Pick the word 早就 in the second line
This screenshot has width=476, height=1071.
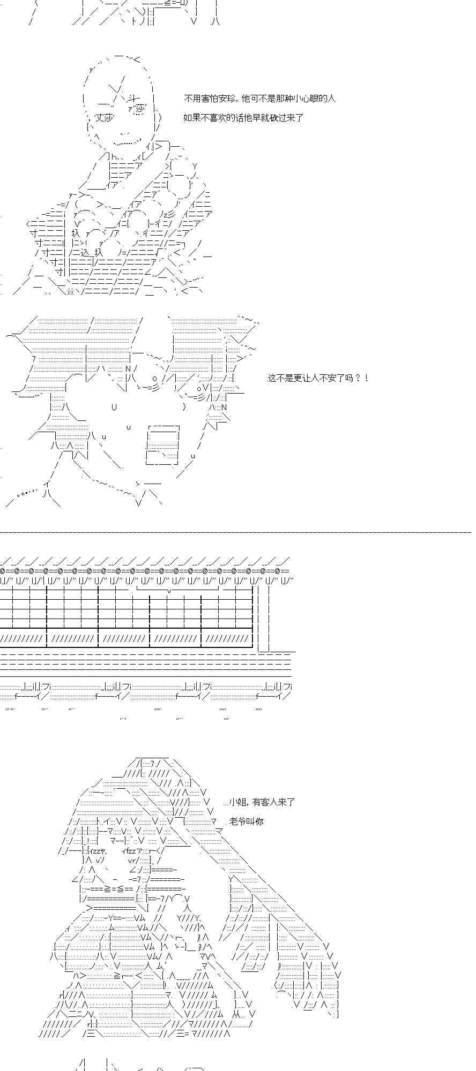(x=255, y=118)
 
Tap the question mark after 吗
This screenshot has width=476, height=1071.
(x=358, y=378)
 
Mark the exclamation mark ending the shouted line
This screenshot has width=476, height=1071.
(x=366, y=378)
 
